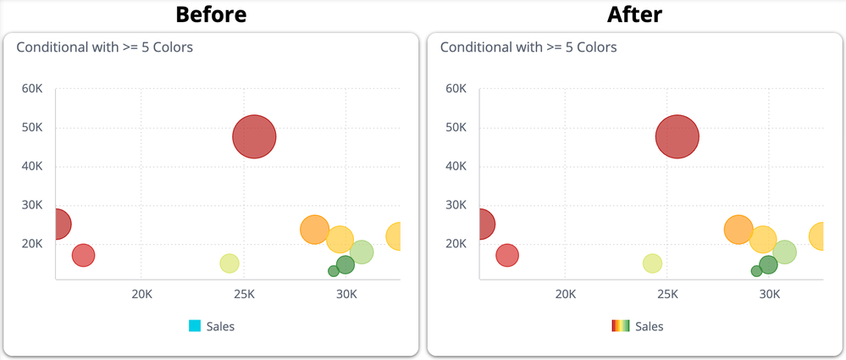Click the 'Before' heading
(211, 14)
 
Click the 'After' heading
(634, 14)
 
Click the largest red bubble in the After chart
(677, 136)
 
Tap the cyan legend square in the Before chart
(195, 326)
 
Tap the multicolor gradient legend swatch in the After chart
(620, 326)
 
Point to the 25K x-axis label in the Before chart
(244, 295)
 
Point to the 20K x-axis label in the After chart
(565, 295)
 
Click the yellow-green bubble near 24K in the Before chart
(229, 263)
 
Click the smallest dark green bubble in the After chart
(756, 271)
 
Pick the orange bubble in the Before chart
(314, 229)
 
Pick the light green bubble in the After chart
(785, 252)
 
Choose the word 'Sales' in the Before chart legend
(220, 326)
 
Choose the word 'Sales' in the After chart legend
(649, 326)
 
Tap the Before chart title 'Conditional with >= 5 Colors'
(105, 47)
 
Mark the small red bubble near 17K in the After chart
(506, 255)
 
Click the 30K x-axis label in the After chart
(770, 295)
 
